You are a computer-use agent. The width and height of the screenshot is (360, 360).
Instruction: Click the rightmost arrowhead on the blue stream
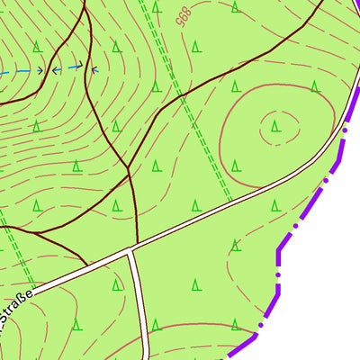(x=94, y=67)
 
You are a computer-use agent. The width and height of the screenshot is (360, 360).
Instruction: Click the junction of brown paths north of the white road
(x=129, y=170)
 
